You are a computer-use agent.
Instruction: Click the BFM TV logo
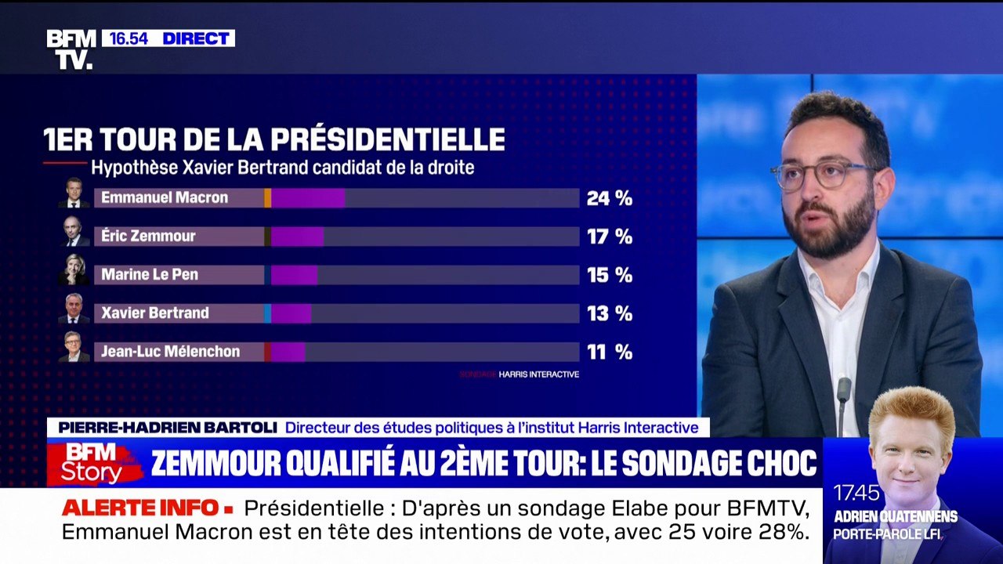(x=71, y=49)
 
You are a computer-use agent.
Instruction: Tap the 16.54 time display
(x=129, y=38)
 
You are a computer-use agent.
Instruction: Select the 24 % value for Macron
(x=609, y=198)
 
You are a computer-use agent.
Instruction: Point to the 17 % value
(x=609, y=237)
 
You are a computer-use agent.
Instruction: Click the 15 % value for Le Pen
(x=609, y=275)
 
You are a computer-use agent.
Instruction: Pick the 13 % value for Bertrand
(x=609, y=313)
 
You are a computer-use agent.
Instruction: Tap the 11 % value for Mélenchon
(x=609, y=352)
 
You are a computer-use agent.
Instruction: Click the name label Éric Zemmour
(x=148, y=237)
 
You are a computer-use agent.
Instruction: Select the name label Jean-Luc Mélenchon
(x=170, y=352)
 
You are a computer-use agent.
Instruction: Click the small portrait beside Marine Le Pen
(x=74, y=269)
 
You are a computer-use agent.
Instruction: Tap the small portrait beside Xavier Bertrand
(x=74, y=309)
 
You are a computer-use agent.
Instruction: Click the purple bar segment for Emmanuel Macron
(x=308, y=198)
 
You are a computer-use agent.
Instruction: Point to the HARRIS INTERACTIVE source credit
(x=538, y=374)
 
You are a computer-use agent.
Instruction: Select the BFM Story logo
(x=94, y=463)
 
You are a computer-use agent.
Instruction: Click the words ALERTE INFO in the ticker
(x=141, y=508)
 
